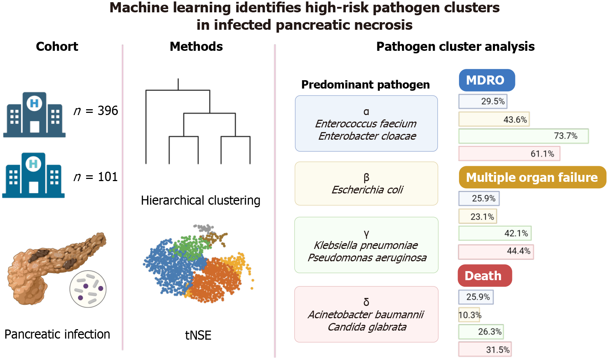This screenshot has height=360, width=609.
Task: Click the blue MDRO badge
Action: [487, 80]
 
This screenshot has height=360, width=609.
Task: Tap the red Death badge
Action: [485, 275]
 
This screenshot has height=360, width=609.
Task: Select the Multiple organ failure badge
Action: [532, 177]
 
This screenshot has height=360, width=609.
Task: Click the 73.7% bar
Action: [524, 136]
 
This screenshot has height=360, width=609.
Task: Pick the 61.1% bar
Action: [509, 154]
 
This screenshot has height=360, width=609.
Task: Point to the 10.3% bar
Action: [469, 315]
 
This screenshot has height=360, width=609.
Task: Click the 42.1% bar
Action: [495, 233]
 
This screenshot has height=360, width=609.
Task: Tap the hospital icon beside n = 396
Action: [34, 115]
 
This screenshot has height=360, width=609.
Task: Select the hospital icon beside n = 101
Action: [33, 175]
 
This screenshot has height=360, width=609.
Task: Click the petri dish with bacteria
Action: [88, 289]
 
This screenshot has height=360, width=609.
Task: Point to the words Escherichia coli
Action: [367, 190]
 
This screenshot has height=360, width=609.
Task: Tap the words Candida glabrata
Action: [367, 327]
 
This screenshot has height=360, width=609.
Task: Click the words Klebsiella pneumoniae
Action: [366, 245]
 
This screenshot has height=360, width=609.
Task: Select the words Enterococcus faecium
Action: [366, 124]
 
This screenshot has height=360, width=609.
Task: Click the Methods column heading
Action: [196, 46]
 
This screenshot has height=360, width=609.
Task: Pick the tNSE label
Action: [198, 335]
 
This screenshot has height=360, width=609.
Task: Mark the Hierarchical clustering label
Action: [201, 201]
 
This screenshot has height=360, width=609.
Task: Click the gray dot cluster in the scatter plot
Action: [204, 228]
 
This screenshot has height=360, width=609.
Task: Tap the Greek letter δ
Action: [366, 302]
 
